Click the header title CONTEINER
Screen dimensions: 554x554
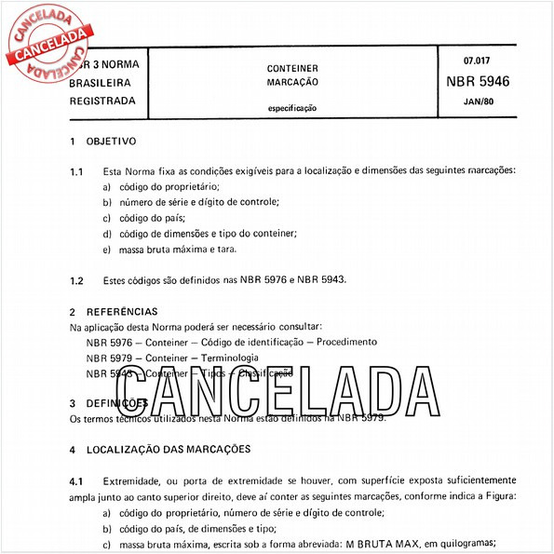[x=292, y=68]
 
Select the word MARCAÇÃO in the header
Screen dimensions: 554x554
[x=292, y=83]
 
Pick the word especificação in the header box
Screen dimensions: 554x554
[x=292, y=108]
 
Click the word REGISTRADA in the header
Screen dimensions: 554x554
[x=102, y=100]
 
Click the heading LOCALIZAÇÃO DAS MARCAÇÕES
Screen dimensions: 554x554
[x=169, y=449]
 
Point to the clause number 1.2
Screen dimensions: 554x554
[x=76, y=280]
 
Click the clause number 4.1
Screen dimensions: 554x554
[x=76, y=480]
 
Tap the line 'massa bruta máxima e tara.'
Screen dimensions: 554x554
[x=170, y=250]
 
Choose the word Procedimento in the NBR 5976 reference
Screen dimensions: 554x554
[x=346, y=342]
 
